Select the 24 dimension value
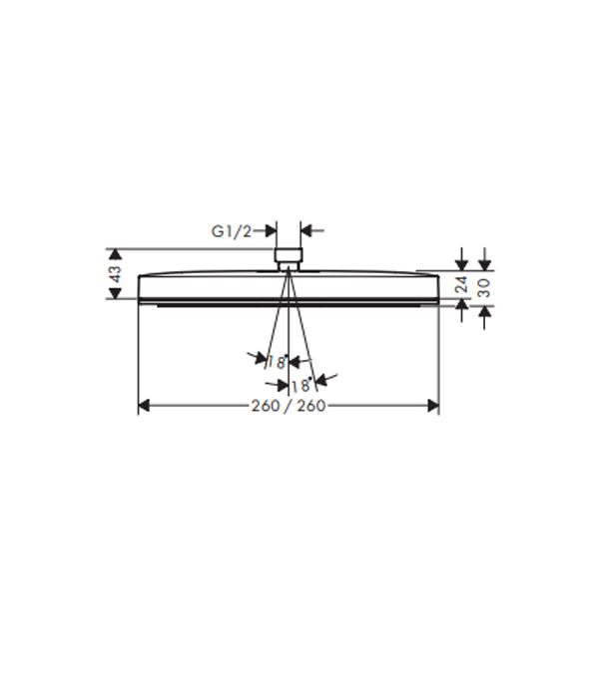[x=461, y=285]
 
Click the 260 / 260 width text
[x=288, y=406]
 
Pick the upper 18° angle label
[x=277, y=362]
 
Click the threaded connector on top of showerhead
[x=289, y=257]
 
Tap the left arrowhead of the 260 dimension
[x=143, y=406]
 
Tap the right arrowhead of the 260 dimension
[x=433, y=406]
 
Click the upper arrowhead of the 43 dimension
[x=116, y=253]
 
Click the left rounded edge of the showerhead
[x=139, y=285]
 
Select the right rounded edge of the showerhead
[x=437, y=285]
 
